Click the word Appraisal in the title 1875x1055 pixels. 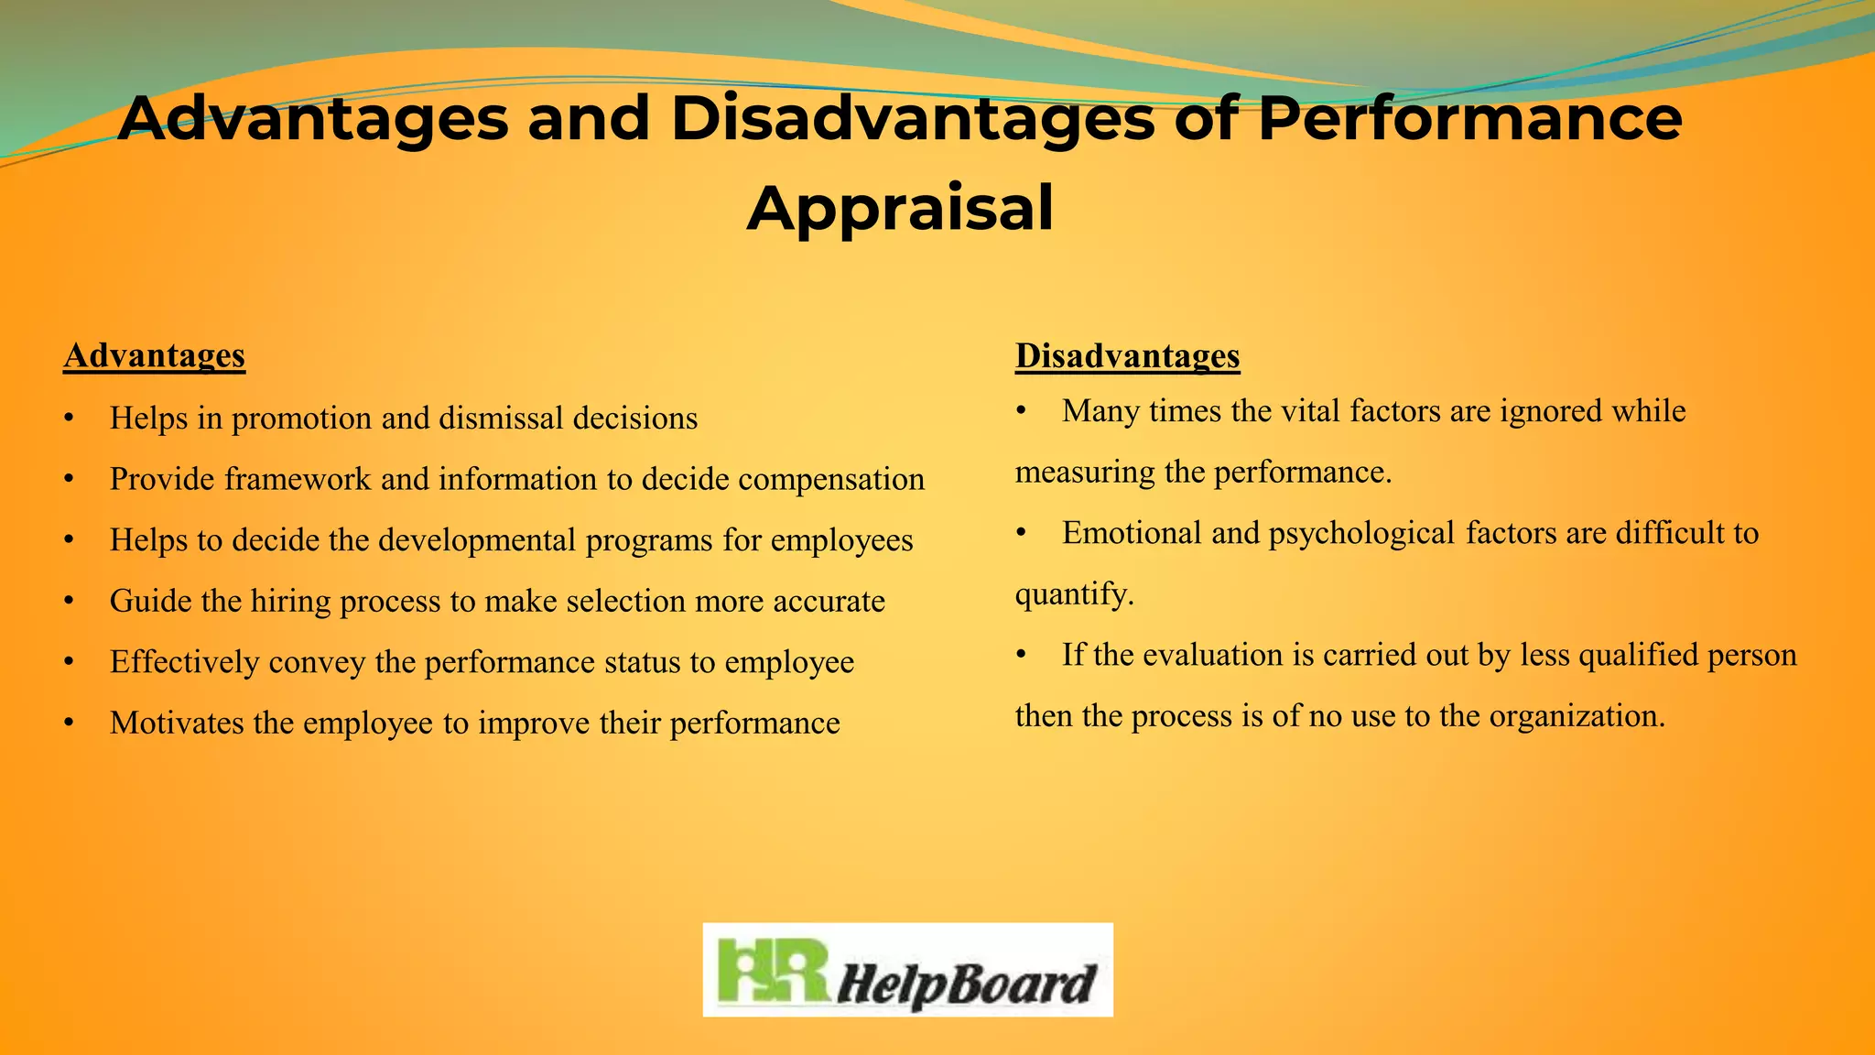pyautogui.click(x=900, y=209)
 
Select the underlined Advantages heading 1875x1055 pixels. pyautogui.click(x=155, y=355)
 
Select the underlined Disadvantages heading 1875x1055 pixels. pyautogui.click(x=1127, y=355)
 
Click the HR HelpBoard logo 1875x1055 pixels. pyautogui.click(x=907, y=970)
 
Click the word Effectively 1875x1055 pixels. pyautogui.click(x=184, y=662)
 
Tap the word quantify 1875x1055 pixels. pyautogui.click(x=1074, y=594)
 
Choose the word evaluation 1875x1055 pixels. pyautogui.click(x=1212, y=655)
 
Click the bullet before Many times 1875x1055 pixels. pyautogui.click(x=1022, y=412)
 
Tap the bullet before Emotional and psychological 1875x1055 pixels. pyautogui.click(x=1022, y=534)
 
